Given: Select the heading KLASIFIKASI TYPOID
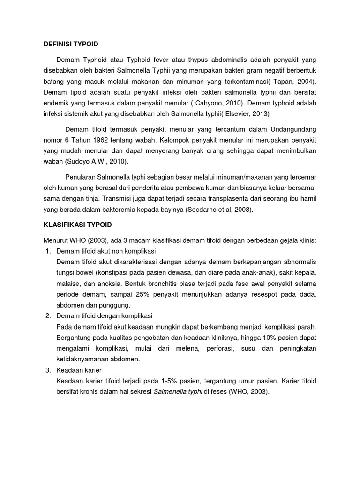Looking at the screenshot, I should (75, 225).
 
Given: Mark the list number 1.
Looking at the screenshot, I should (48, 252).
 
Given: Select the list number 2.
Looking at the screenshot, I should (48, 316).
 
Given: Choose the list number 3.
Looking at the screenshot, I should (48, 370).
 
